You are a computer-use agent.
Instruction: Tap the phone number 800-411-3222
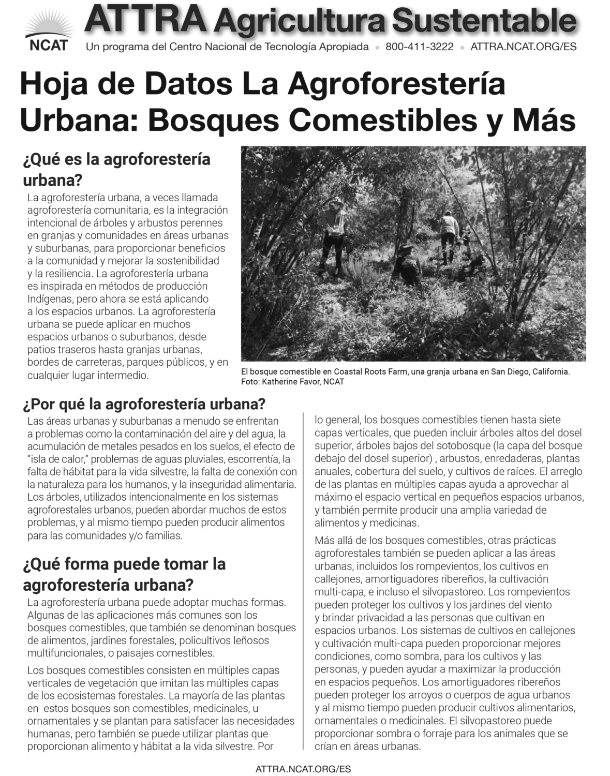point(419,47)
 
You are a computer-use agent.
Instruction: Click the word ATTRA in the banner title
point(148,19)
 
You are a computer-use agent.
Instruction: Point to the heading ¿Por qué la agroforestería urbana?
point(144,403)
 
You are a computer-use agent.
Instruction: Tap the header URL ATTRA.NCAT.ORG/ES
point(523,47)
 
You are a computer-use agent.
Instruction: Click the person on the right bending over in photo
point(450,233)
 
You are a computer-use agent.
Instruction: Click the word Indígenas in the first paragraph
point(47,299)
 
